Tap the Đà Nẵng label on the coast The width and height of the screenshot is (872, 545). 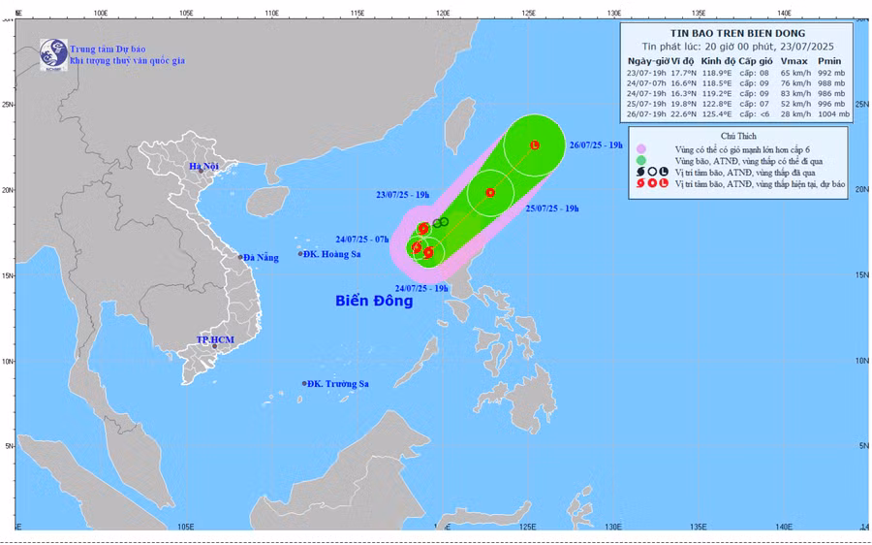pyautogui.click(x=260, y=257)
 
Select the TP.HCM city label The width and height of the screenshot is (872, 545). pyautogui.click(x=215, y=339)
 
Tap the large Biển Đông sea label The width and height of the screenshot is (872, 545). pyautogui.click(x=374, y=301)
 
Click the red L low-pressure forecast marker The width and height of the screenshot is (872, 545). pyautogui.click(x=535, y=145)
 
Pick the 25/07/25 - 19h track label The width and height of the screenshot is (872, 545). pyautogui.click(x=551, y=208)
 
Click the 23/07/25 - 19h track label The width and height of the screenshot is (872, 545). pyautogui.click(x=402, y=195)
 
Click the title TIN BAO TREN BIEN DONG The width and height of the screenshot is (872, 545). pyautogui.click(x=738, y=32)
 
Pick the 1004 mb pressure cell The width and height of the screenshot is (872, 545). pyautogui.click(x=832, y=114)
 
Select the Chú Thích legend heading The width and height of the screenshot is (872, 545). pyautogui.click(x=738, y=136)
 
